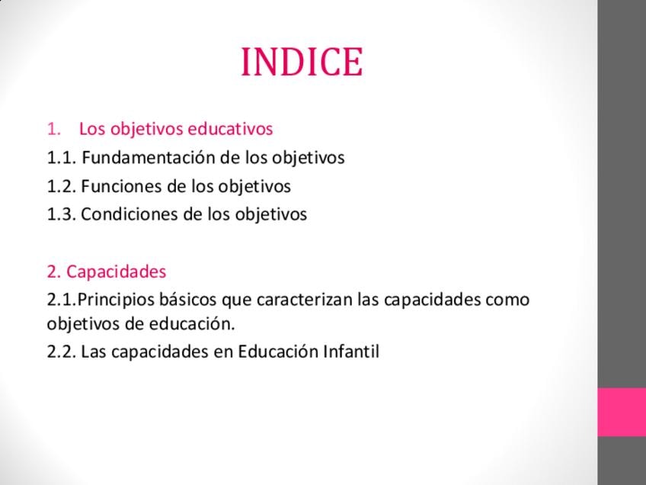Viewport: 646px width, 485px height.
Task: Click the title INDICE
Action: [302, 62]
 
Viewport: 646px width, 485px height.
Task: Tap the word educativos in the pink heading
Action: [230, 128]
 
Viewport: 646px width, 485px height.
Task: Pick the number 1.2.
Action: [62, 186]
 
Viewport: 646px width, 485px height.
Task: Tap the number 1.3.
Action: [62, 214]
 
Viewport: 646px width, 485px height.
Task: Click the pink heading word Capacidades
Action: [117, 271]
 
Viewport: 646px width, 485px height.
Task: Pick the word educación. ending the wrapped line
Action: [192, 323]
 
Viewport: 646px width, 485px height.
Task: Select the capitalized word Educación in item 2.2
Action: [278, 352]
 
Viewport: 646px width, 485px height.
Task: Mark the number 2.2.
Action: [62, 352]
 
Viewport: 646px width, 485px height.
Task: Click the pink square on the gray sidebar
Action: [622, 412]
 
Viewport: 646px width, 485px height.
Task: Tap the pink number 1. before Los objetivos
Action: [54, 129]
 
